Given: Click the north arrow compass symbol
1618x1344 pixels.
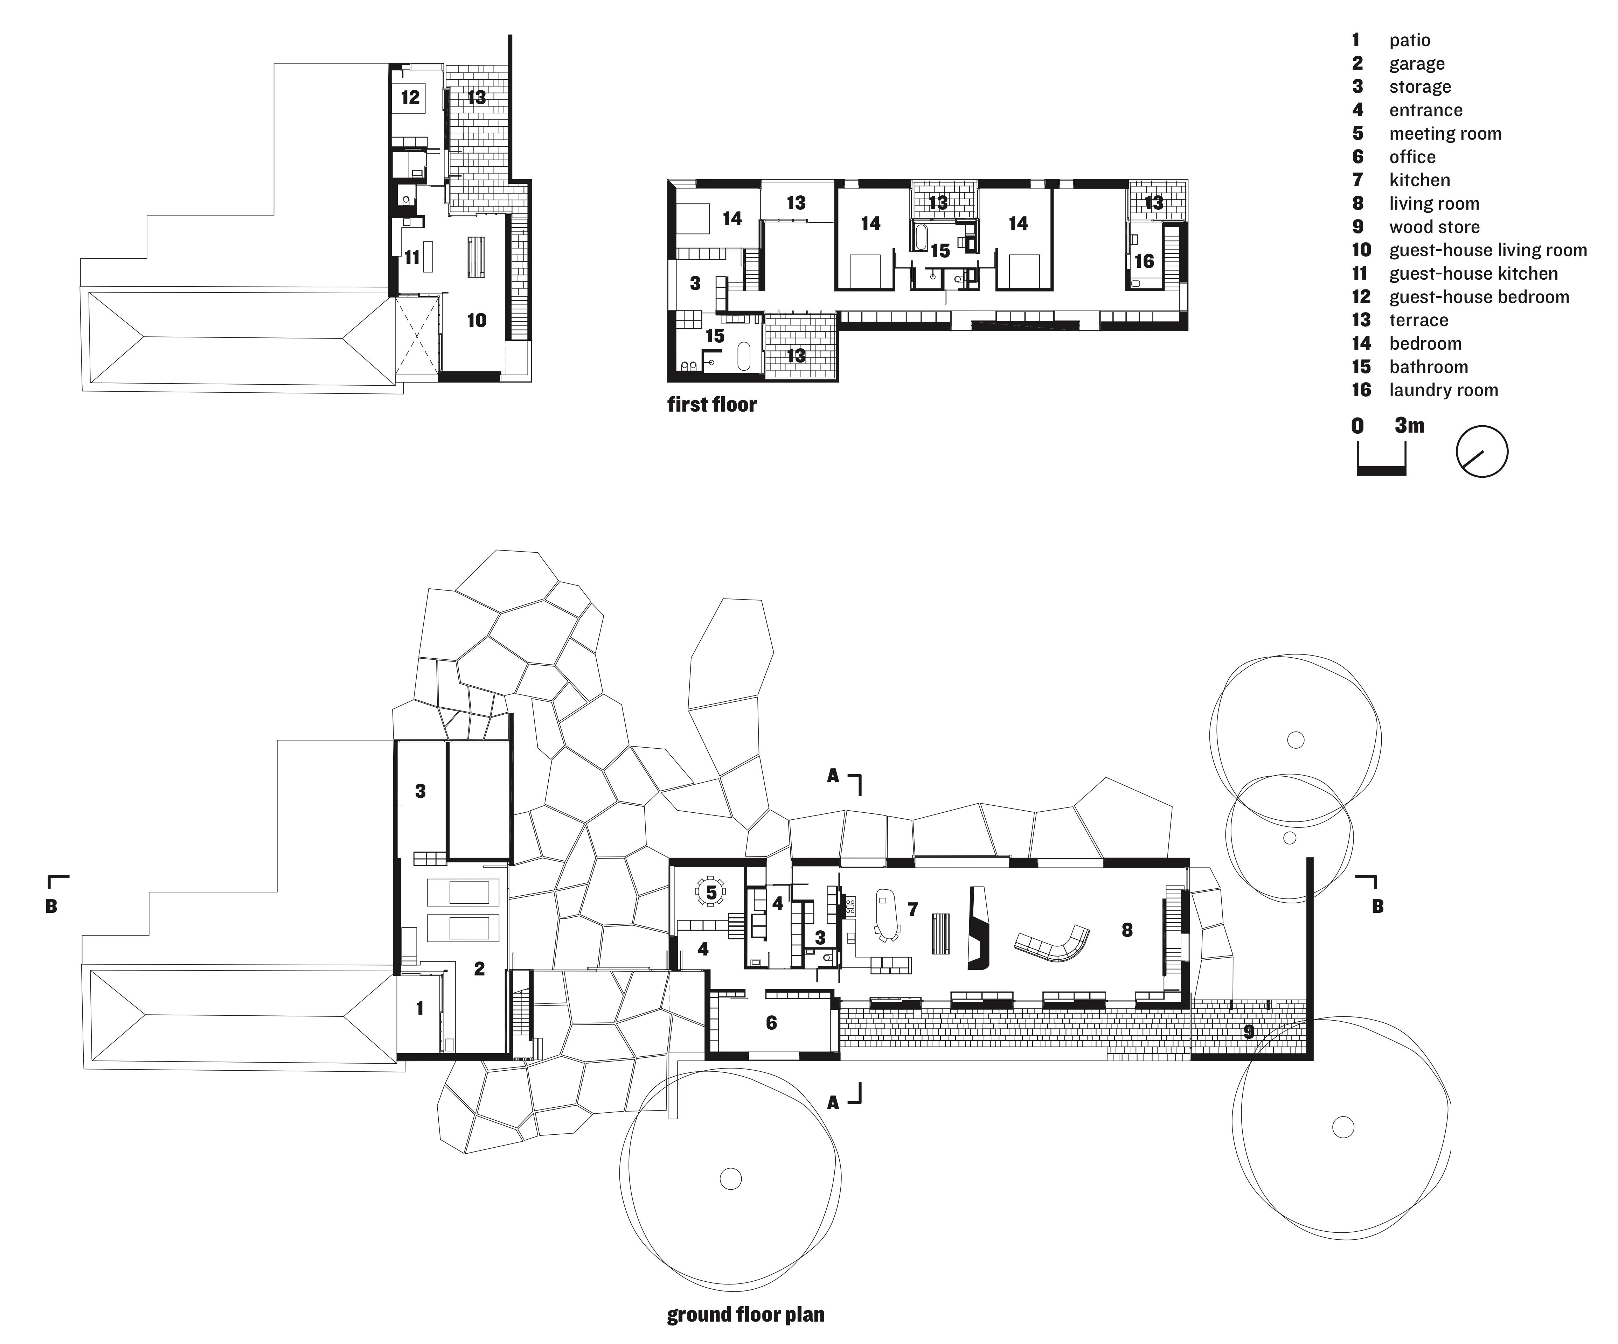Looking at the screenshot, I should [1481, 451].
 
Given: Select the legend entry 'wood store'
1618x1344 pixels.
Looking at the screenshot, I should [1433, 227].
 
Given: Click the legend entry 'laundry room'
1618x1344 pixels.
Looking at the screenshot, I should [1442, 391].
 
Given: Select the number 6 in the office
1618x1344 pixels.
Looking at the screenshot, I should [770, 1023].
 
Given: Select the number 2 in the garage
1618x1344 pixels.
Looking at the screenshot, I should [479, 969].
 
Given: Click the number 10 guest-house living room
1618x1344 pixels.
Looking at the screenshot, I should [476, 320].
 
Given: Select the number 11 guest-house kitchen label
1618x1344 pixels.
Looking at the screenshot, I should [412, 257].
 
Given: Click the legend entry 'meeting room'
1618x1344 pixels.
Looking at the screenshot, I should [1445, 134].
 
